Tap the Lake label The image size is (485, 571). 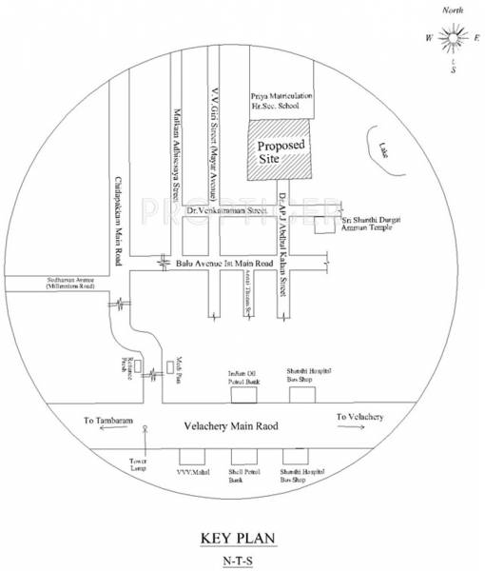click(x=381, y=148)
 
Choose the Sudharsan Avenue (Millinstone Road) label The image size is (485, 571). click(x=67, y=283)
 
